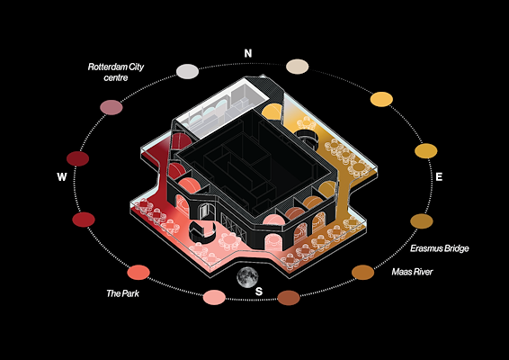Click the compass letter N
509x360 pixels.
pyautogui.click(x=248, y=53)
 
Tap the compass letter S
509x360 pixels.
pyautogui.click(x=259, y=292)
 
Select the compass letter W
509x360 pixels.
pyautogui.click(x=62, y=176)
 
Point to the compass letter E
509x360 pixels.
pyautogui.click(x=439, y=176)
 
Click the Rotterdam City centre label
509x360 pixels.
pyautogui.click(x=116, y=72)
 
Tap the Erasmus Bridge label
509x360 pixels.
pyautogui.click(x=440, y=248)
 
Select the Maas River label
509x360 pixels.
pyautogui.click(x=412, y=272)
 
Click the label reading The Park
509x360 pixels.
pyautogui.click(x=122, y=293)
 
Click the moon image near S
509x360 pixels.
pyautogui.click(x=247, y=277)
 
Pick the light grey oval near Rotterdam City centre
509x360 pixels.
pyautogui.click(x=187, y=71)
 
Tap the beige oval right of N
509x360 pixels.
pyautogui.click(x=298, y=67)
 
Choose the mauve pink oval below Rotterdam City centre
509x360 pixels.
pyautogui.click(x=112, y=107)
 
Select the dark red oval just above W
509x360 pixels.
pyautogui.click(x=78, y=158)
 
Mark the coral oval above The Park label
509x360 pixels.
pyautogui.click(x=138, y=273)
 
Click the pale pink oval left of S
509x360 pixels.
pyautogui.click(x=214, y=297)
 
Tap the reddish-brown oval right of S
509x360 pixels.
pyautogui.click(x=289, y=298)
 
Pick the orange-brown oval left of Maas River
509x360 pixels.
pyautogui.click(x=363, y=273)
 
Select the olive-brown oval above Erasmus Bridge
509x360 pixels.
pyautogui.click(x=422, y=221)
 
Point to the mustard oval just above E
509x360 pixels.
pyautogui.click(x=426, y=151)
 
